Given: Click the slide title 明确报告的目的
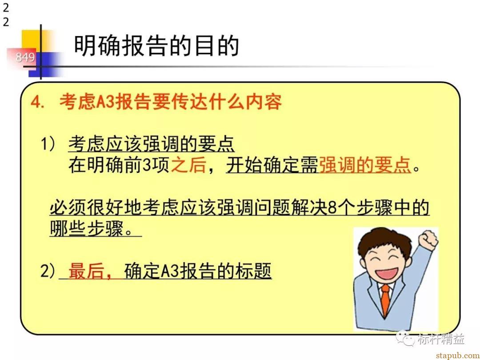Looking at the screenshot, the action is pyautogui.click(x=156, y=46).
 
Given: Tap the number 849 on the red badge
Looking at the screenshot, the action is pyautogui.click(x=25, y=57).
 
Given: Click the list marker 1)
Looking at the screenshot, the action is pyautogui.click(x=48, y=144).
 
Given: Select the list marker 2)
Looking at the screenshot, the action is pyautogui.click(x=48, y=271).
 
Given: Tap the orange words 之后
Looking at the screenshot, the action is pyautogui.click(x=188, y=165).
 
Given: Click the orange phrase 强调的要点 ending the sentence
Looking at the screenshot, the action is pyautogui.click(x=364, y=165).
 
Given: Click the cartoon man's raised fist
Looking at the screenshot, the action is pyautogui.click(x=428, y=240).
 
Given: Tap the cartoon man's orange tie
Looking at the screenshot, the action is pyautogui.click(x=386, y=300).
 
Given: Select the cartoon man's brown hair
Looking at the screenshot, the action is pyautogui.click(x=385, y=242).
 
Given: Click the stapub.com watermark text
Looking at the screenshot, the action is pyautogui.click(x=457, y=355).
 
